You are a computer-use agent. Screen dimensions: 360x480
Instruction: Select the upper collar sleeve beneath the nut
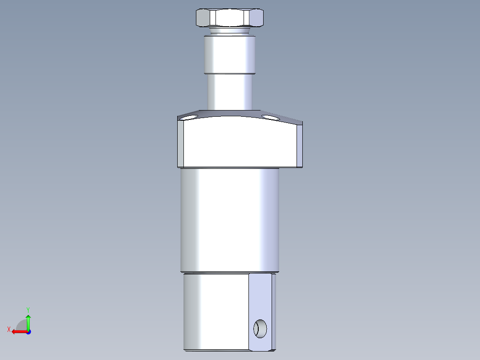pos(229,54)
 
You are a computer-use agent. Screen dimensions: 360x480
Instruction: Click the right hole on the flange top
pos(269,117)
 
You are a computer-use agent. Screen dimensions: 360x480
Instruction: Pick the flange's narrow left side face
pos(181,143)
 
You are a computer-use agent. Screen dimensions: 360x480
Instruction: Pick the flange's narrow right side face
pos(300,145)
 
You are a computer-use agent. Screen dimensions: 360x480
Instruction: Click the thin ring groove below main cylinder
pos(229,272)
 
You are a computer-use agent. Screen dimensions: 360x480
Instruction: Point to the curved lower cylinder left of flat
pos(216,312)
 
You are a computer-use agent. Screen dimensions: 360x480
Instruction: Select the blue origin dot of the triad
pos(28,331)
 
